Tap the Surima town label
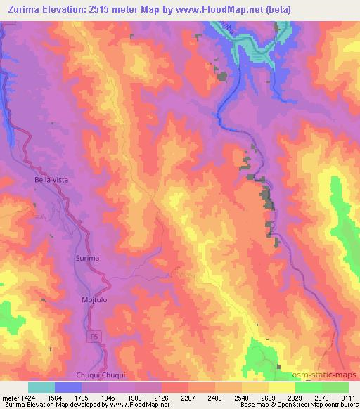(x=88, y=259)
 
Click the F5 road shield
(x=94, y=337)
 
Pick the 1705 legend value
(x=82, y=398)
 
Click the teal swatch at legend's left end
(x=41, y=387)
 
